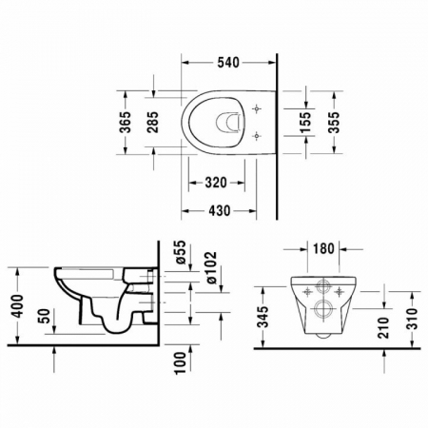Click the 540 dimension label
pos(228,63)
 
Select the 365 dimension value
pos(126,122)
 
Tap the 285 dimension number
pos(154,122)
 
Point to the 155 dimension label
pos(305,122)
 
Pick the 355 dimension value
pos(334,122)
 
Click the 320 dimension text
pos(216,183)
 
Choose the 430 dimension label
pos(219,210)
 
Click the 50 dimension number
pos(46,316)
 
